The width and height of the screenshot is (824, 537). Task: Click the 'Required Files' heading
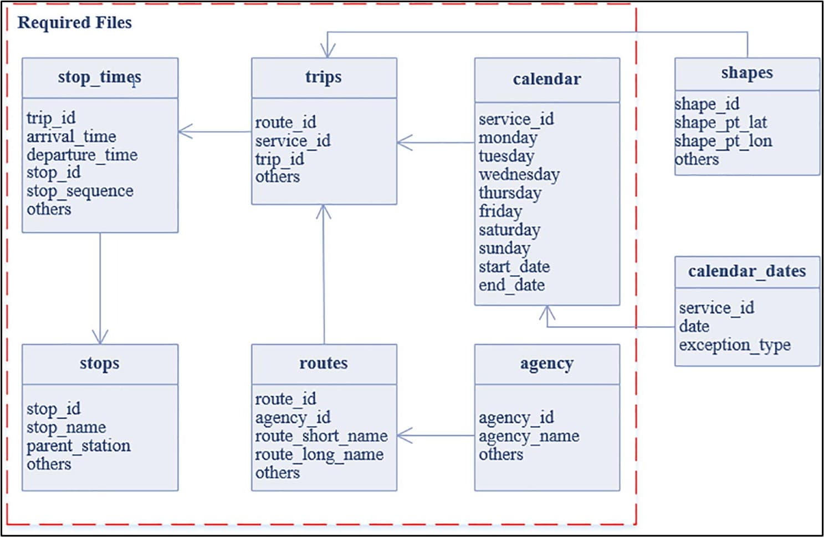pyautogui.click(x=75, y=23)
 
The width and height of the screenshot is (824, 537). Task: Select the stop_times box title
pyautogui.click(x=100, y=77)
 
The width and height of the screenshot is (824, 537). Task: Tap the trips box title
pyautogui.click(x=324, y=77)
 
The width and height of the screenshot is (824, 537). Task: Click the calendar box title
pyautogui.click(x=547, y=79)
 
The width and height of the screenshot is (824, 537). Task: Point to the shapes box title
pyautogui.click(x=747, y=73)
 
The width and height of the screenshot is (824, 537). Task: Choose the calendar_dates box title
pyautogui.click(x=747, y=271)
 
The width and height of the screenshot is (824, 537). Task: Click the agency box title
pyautogui.click(x=547, y=364)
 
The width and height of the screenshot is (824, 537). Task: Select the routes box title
pyautogui.click(x=324, y=363)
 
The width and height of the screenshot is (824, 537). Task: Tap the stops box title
pyautogui.click(x=100, y=363)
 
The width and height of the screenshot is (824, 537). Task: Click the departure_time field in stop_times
pyautogui.click(x=82, y=155)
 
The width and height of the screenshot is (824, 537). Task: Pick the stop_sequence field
pyautogui.click(x=80, y=191)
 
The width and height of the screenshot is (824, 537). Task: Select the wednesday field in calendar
pyautogui.click(x=519, y=175)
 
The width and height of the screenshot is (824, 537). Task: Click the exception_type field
pyautogui.click(x=735, y=345)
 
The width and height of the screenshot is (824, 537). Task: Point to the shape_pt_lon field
pyautogui.click(x=723, y=141)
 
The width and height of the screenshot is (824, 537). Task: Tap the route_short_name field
pyautogui.click(x=321, y=436)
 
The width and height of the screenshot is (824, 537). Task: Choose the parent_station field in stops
pyautogui.click(x=79, y=446)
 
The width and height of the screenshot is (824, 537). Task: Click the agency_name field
pyautogui.click(x=529, y=436)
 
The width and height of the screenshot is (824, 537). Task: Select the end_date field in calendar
pyautogui.click(x=512, y=285)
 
